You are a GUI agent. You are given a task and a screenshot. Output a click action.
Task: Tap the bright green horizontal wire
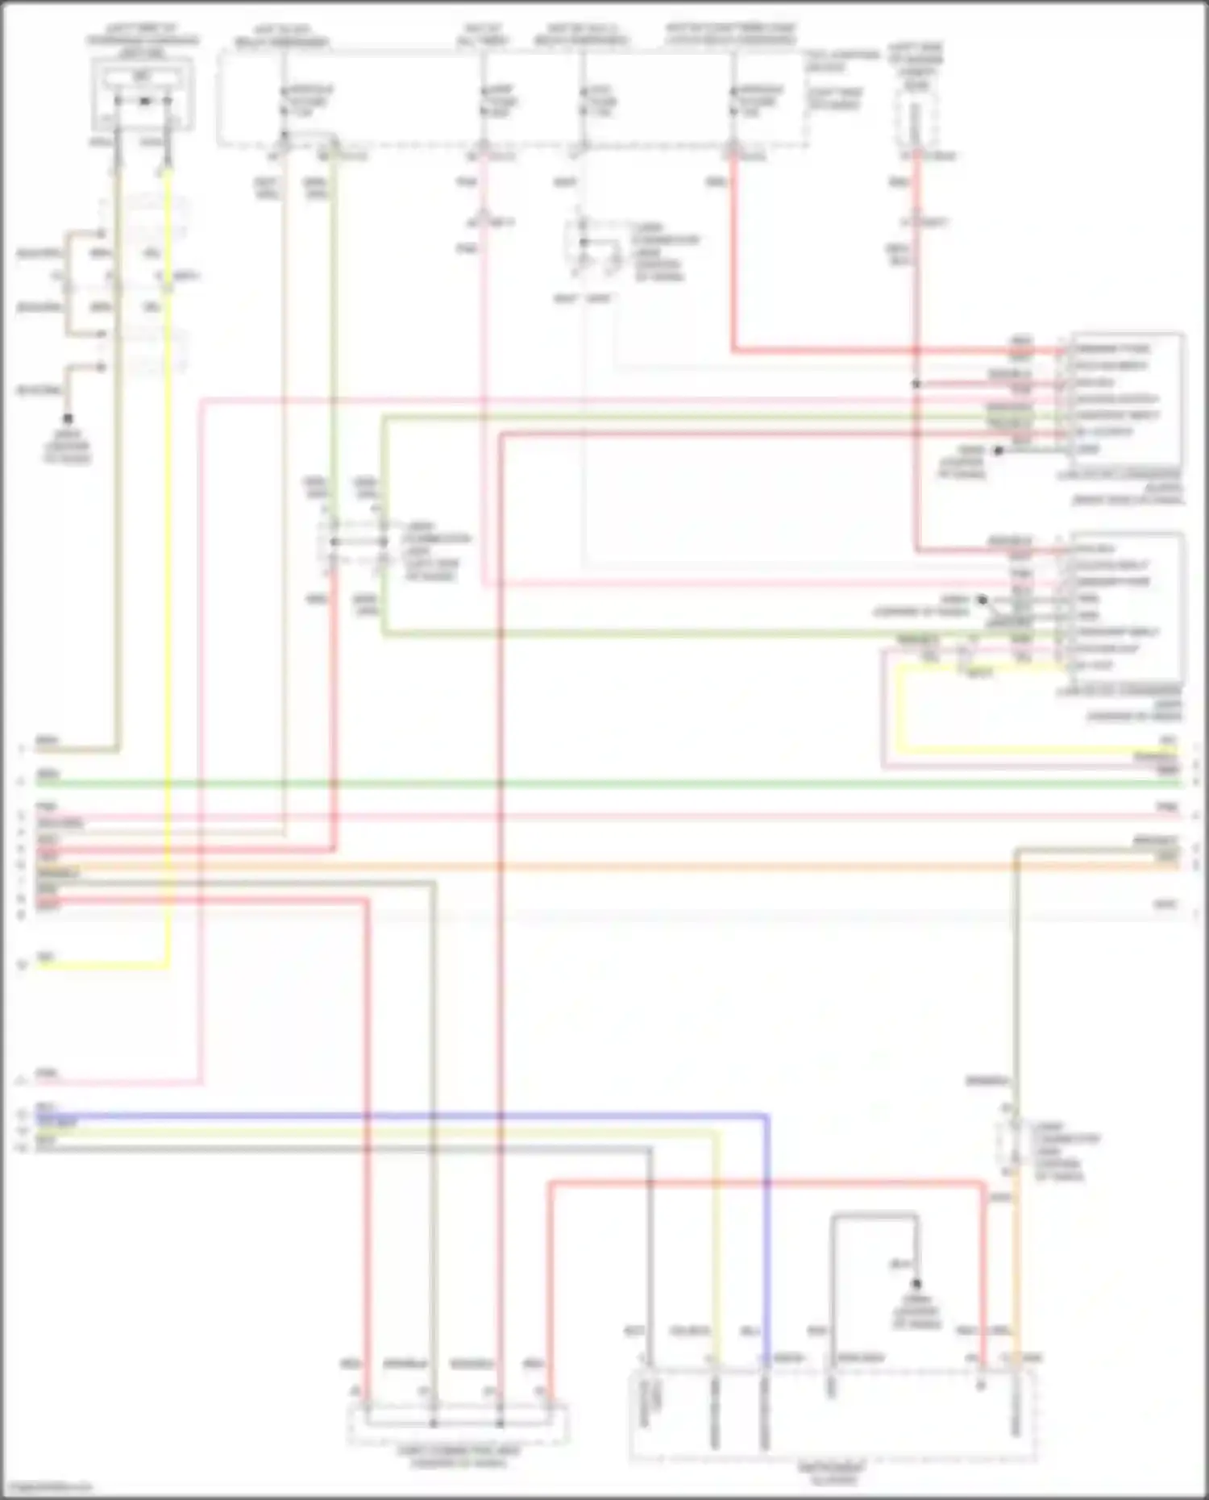pyautogui.click(x=604, y=783)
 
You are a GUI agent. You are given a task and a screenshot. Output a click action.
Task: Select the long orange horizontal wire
pyautogui.click(x=604, y=866)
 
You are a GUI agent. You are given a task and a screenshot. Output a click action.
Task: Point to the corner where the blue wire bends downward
pyautogui.click(x=766, y=1117)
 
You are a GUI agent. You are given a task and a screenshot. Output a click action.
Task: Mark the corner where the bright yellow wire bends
pyautogui.click(x=168, y=965)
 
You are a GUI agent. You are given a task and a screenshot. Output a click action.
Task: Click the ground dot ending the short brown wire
pyautogui.click(x=68, y=418)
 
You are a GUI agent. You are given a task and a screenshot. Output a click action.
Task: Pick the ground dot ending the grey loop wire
pyautogui.click(x=916, y=1284)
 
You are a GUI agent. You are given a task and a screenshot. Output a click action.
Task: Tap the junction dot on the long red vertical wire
pyautogui.click(x=916, y=384)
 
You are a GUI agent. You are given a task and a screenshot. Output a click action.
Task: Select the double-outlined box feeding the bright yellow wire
pyautogui.click(x=143, y=93)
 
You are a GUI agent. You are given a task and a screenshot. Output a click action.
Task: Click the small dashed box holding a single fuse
pyautogui.click(x=916, y=121)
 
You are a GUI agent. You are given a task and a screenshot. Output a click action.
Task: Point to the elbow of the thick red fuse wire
pyautogui.click(x=734, y=351)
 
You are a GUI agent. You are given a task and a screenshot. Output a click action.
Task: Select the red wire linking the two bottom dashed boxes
pyautogui.click(x=766, y=1183)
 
